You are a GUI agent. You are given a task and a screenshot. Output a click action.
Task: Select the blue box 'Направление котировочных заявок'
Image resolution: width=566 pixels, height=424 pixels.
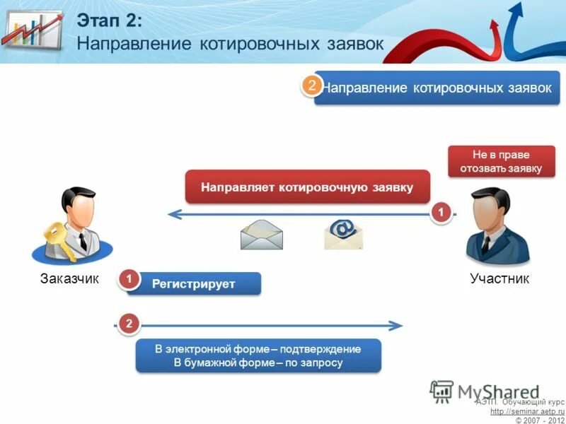point(439,88)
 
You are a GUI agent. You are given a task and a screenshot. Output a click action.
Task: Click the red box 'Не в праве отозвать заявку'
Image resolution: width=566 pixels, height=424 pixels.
point(501,162)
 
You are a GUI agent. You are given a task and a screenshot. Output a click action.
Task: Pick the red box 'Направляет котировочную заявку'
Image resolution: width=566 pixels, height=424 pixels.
point(307,187)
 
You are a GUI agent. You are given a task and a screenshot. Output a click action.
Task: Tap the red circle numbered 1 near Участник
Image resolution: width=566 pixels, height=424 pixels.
point(441,212)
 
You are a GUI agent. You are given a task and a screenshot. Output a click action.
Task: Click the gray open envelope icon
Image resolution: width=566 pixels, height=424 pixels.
point(261,235)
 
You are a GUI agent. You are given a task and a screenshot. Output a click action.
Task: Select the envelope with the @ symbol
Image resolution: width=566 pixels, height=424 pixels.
point(344,234)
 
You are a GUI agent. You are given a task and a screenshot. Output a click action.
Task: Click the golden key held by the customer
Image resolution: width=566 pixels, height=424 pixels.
point(54,237)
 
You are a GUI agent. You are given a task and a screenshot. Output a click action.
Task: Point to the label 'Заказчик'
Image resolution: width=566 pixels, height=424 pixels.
point(70,279)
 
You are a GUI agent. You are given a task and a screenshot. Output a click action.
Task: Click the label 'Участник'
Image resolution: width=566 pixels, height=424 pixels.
point(499,279)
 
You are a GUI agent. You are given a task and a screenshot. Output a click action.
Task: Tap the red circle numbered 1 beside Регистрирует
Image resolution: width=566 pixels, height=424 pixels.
point(129,280)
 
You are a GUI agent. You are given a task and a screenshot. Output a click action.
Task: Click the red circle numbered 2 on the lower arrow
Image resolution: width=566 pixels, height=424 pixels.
point(129,324)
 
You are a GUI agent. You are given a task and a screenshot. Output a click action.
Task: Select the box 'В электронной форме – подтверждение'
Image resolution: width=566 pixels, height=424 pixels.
point(258,355)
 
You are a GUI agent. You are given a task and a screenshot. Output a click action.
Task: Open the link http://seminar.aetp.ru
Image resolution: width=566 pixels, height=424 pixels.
point(527,411)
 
